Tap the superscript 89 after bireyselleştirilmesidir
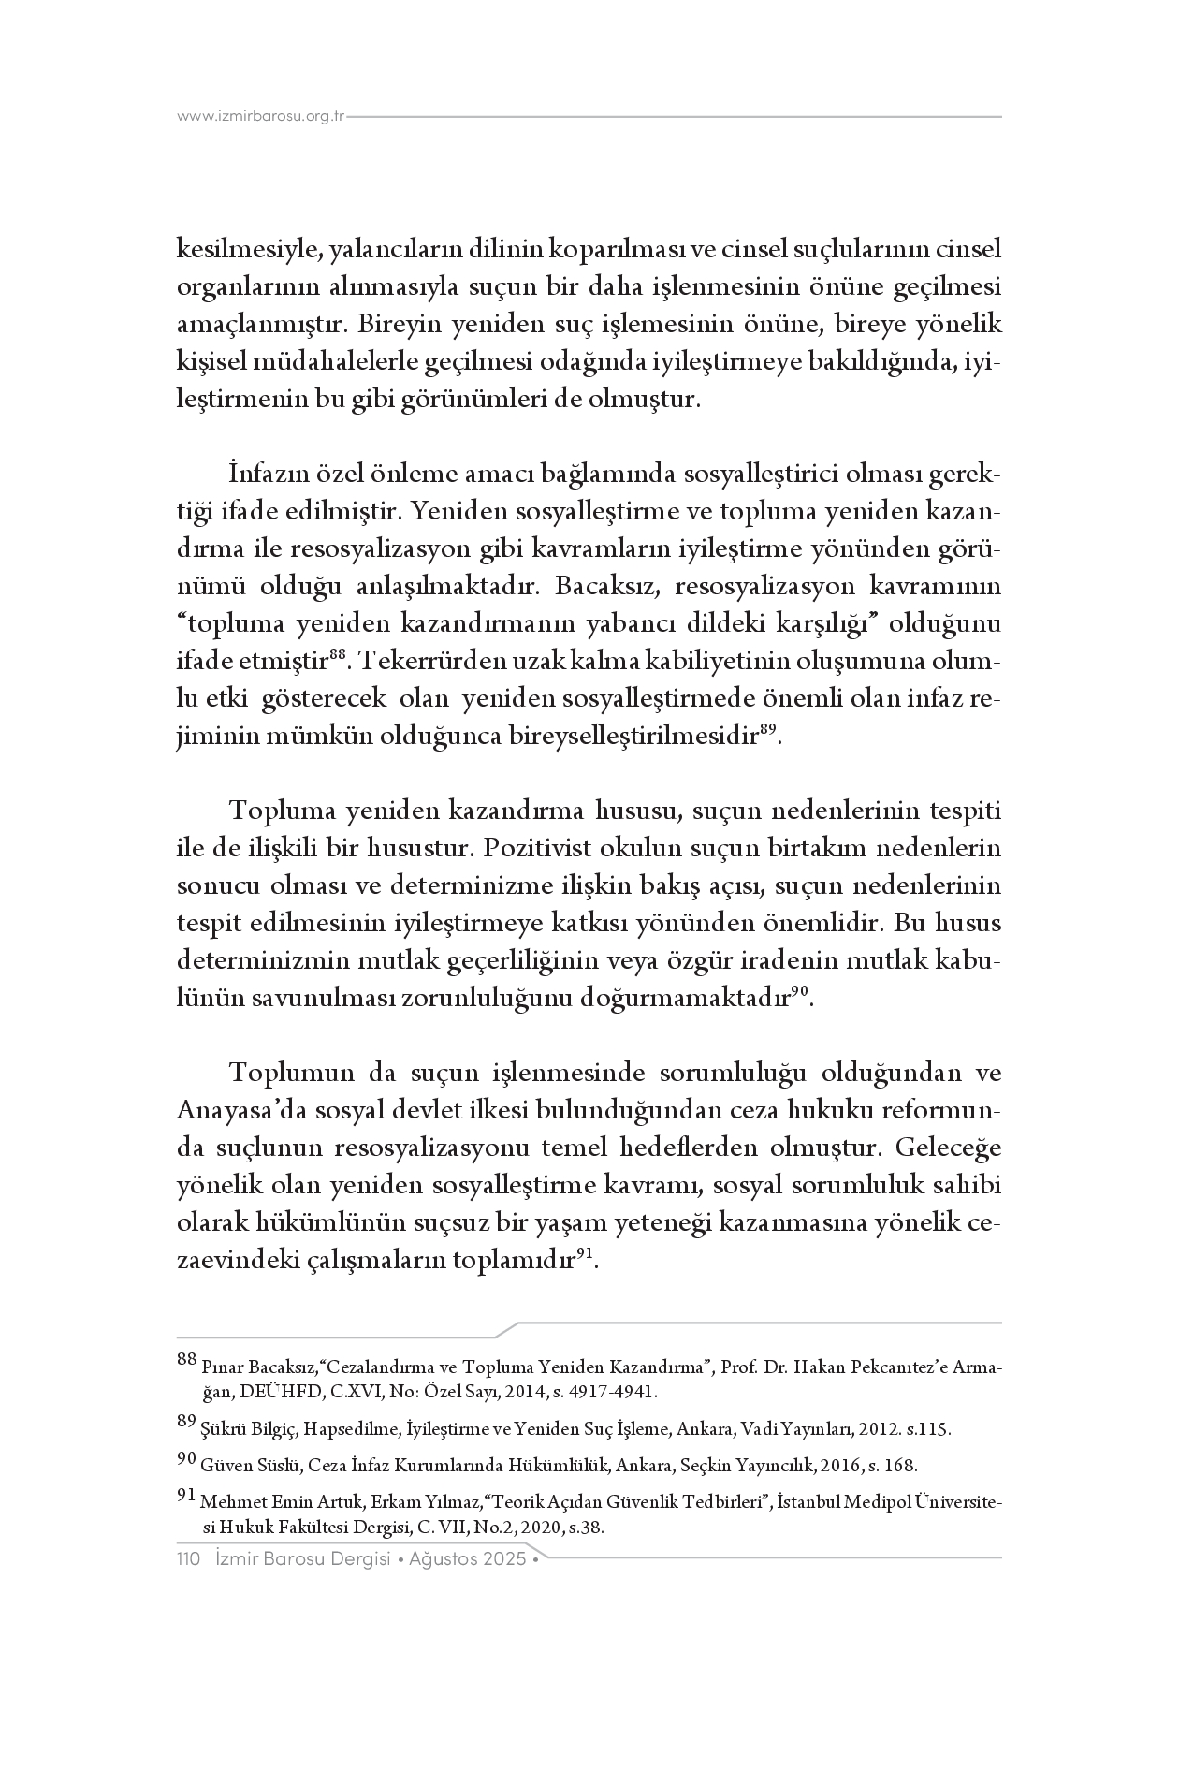(x=766, y=731)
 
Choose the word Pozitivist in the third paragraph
(x=529, y=849)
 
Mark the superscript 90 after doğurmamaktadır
(x=800, y=993)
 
